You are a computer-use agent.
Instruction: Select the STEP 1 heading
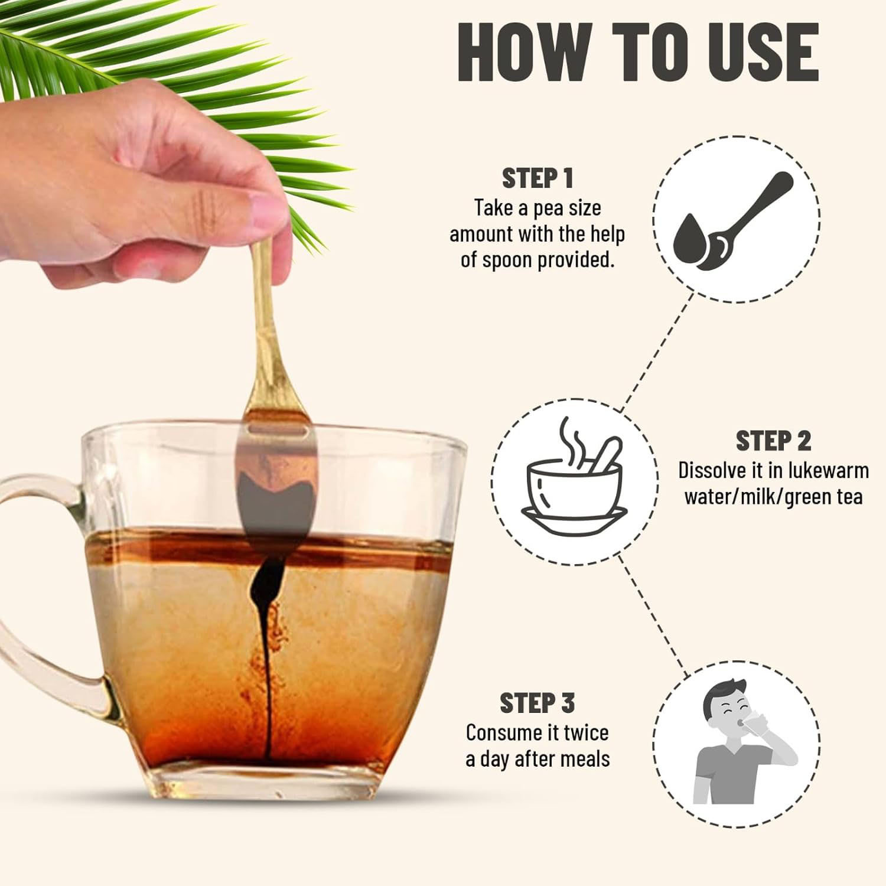pos(538,178)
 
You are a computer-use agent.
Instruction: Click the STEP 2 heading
pos(773,441)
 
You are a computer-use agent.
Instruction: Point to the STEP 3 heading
pos(537,703)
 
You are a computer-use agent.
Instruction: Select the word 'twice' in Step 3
pos(586,733)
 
